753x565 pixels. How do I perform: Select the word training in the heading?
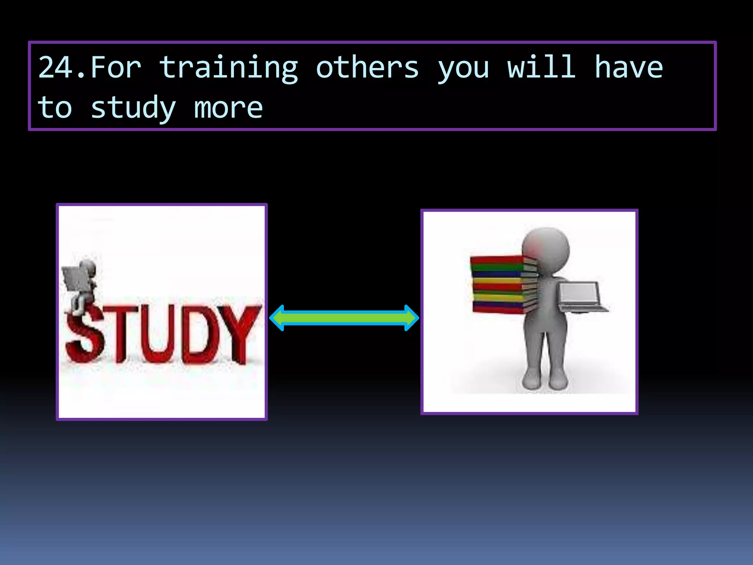pyautogui.click(x=228, y=68)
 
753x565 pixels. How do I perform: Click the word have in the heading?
pyautogui.click(x=629, y=68)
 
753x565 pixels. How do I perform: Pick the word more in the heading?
pyautogui.click(x=228, y=108)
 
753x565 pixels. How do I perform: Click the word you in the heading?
pyautogui.click(x=463, y=70)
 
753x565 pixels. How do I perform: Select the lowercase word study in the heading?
pyautogui.click(x=133, y=108)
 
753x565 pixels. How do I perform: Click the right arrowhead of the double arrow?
pyautogui.click(x=410, y=318)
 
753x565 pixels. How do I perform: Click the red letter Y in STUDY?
pyautogui.click(x=239, y=331)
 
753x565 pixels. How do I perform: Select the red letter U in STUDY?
pyautogui.click(x=159, y=335)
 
